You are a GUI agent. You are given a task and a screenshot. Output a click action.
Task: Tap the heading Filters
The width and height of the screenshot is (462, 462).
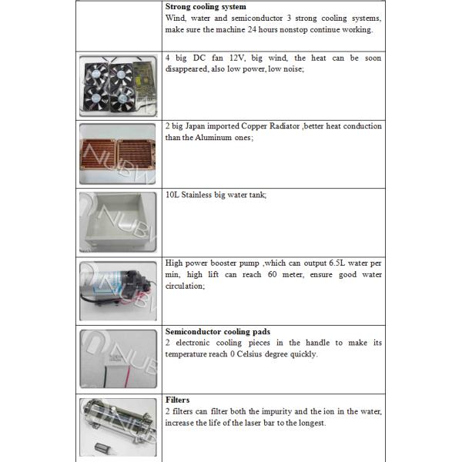[177, 400]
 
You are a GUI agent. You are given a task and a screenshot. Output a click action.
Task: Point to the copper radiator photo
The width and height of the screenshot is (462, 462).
[119, 154]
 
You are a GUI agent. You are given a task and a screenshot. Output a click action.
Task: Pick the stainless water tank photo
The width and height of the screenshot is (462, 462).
[119, 223]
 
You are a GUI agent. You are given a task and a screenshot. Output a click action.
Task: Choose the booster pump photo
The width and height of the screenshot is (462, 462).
[119, 291]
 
